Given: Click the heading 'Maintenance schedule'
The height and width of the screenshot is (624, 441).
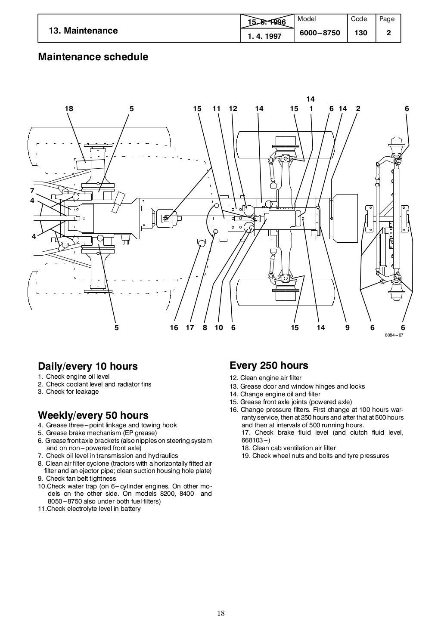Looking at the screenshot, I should click(93, 57).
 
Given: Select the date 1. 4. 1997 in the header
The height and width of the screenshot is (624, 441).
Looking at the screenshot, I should click(264, 37).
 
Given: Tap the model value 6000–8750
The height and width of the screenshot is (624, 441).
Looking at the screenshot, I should click(320, 33).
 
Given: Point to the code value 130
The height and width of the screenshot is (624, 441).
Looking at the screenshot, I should click(361, 33).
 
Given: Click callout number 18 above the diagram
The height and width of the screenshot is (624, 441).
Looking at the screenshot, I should click(69, 109).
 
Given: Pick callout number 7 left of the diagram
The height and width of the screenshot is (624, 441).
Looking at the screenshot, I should click(32, 190).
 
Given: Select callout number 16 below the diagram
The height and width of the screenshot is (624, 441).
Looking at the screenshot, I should click(174, 328).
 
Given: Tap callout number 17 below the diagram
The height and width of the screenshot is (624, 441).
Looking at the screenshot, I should click(190, 328).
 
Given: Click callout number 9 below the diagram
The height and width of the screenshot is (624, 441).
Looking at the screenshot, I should click(347, 328).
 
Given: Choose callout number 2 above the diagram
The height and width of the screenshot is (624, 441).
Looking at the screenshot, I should click(358, 109).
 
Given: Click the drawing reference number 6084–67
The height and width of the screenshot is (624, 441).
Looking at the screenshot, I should click(394, 336).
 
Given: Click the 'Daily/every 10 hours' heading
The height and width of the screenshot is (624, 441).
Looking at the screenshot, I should click(88, 366).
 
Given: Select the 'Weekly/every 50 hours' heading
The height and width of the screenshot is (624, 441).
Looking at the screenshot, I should click(93, 415).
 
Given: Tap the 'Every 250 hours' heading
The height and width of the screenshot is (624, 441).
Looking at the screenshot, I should click(269, 365).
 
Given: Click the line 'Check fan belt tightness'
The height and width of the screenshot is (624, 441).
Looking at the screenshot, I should click(78, 479).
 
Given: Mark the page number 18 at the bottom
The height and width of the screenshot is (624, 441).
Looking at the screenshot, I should click(221, 614).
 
